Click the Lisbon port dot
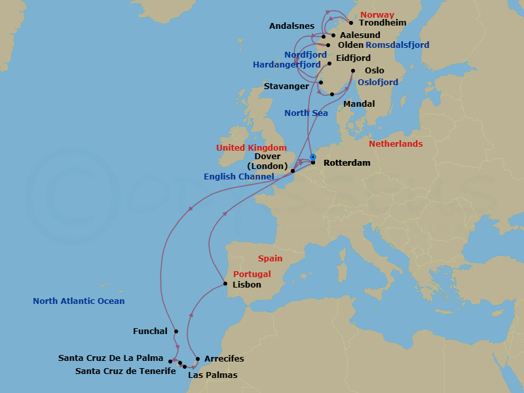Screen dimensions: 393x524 pos(225,284)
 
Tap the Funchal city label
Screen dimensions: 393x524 pos(150,331)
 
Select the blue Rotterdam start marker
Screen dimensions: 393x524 pos(313,157)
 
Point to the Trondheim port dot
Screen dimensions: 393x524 pos(351,23)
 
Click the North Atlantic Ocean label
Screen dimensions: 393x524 pos(79,301)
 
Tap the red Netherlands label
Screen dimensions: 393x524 pos(396,143)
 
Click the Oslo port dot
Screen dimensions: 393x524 pos(353,71)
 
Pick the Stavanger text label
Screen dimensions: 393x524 pos(286,86)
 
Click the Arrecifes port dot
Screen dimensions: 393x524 pos(198,359)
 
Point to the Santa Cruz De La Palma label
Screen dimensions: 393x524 pos(111,358)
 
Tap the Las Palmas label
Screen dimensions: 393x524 pos(212,375)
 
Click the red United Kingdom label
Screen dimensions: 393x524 pos(252,148)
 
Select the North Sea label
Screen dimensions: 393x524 pos(306,113)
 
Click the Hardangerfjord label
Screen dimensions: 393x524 pos(287,65)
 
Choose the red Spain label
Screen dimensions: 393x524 pos(271,259)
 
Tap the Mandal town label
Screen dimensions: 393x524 pos(359,104)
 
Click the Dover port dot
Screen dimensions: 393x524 pos(293,172)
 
